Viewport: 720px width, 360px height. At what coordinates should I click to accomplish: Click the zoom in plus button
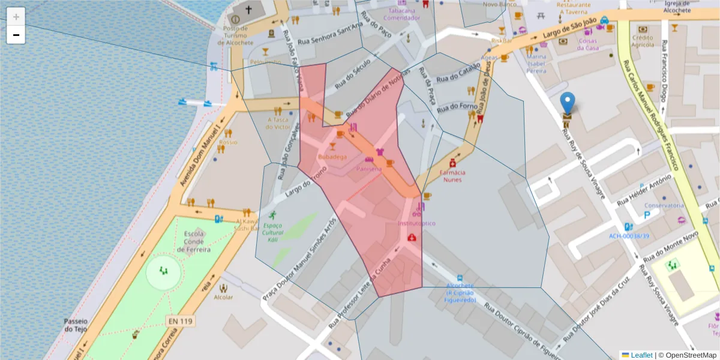click(x=16, y=16)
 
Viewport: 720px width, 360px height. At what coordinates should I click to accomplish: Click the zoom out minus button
click(x=16, y=35)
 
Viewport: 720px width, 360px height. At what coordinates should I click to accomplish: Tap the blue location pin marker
click(x=567, y=104)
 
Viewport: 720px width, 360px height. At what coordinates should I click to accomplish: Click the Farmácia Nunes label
click(x=453, y=176)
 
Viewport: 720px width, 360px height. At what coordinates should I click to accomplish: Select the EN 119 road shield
click(x=181, y=322)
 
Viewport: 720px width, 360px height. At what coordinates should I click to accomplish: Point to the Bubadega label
click(x=332, y=157)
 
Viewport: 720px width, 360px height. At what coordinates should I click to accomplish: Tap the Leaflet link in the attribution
click(x=641, y=355)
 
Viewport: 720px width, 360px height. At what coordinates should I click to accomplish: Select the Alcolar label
click(x=223, y=297)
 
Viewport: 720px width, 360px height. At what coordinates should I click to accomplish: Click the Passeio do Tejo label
click(x=76, y=325)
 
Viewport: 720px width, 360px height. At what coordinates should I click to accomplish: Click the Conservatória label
click(x=664, y=205)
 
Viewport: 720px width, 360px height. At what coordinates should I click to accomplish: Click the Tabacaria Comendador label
click(x=401, y=14)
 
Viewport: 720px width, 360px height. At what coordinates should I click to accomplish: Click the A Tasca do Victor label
click(x=278, y=123)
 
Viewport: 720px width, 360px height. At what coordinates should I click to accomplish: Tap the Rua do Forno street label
click(x=457, y=108)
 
